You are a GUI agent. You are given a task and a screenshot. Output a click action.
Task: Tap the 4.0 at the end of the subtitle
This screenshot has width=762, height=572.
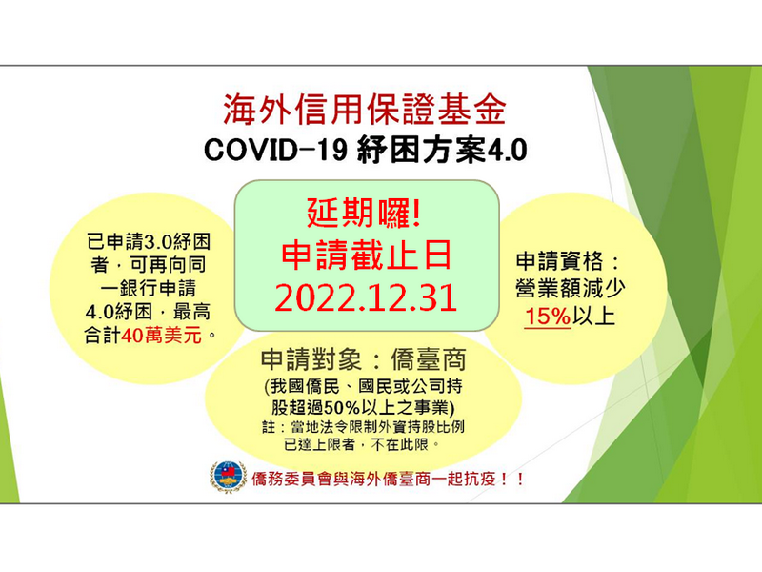pyautogui.click(x=507, y=152)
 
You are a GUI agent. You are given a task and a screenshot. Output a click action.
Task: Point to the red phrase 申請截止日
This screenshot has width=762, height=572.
pyautogui.click(x=367, y=255)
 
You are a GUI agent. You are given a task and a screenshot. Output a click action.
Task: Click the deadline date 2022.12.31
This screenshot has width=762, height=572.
pyautogui.click(x=367, y=297)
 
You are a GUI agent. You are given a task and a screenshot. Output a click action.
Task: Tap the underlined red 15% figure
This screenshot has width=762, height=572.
pyautogui.click(x=548, y=317)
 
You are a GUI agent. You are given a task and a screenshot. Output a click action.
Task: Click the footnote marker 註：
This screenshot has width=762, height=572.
pyautogui.click(x=283, y=425)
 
